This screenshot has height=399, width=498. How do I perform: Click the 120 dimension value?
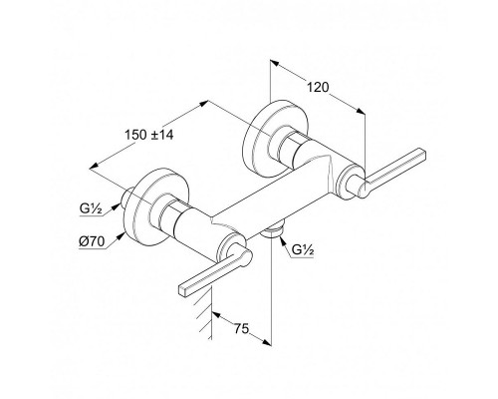pyautogui.click(x=318, y=87)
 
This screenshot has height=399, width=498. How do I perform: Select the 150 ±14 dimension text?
pyautogui.click(x=149, y=135)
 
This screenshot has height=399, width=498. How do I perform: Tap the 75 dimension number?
pyautogui.click(x=241, y=328)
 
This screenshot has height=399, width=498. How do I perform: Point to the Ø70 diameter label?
pyautogui.click(x=92, y=241)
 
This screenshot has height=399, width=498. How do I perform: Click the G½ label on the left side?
pyautogui.click(x=91, y=209)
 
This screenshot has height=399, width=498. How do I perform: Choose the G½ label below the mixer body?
pyautogui.click(x=303, y=249)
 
